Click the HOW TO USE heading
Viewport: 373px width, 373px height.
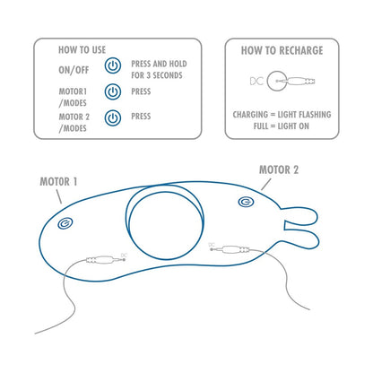pos(82,50)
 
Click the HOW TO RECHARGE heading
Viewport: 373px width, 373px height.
pos(281,51)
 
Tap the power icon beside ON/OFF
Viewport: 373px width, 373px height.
pos(113,66)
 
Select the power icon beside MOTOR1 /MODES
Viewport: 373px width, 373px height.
pos(113,91)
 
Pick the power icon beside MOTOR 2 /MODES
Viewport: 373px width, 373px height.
pos(113,117)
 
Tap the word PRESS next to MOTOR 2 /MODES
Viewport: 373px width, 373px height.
pos(142,117)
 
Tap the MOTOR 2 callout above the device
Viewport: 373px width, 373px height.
pos(280,168)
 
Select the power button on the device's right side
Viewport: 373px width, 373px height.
pos(246,203)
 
